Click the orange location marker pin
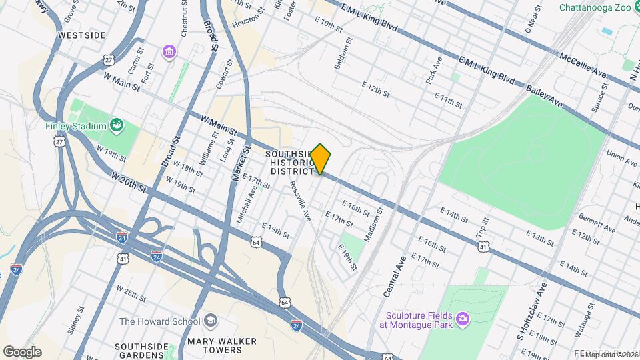point(321,159)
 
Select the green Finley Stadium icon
point(117,125)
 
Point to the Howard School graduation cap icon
point(211,321)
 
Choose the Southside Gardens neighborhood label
point(140,351)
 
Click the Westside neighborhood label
point(83,34)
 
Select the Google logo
point(22,352)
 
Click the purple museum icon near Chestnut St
point(169,51)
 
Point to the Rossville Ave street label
point(301,202)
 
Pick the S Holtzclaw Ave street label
point(531,311)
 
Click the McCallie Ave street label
point(583,65)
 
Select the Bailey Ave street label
point(545,96)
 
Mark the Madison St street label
point(372,224)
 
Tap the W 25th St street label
point(131,293)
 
